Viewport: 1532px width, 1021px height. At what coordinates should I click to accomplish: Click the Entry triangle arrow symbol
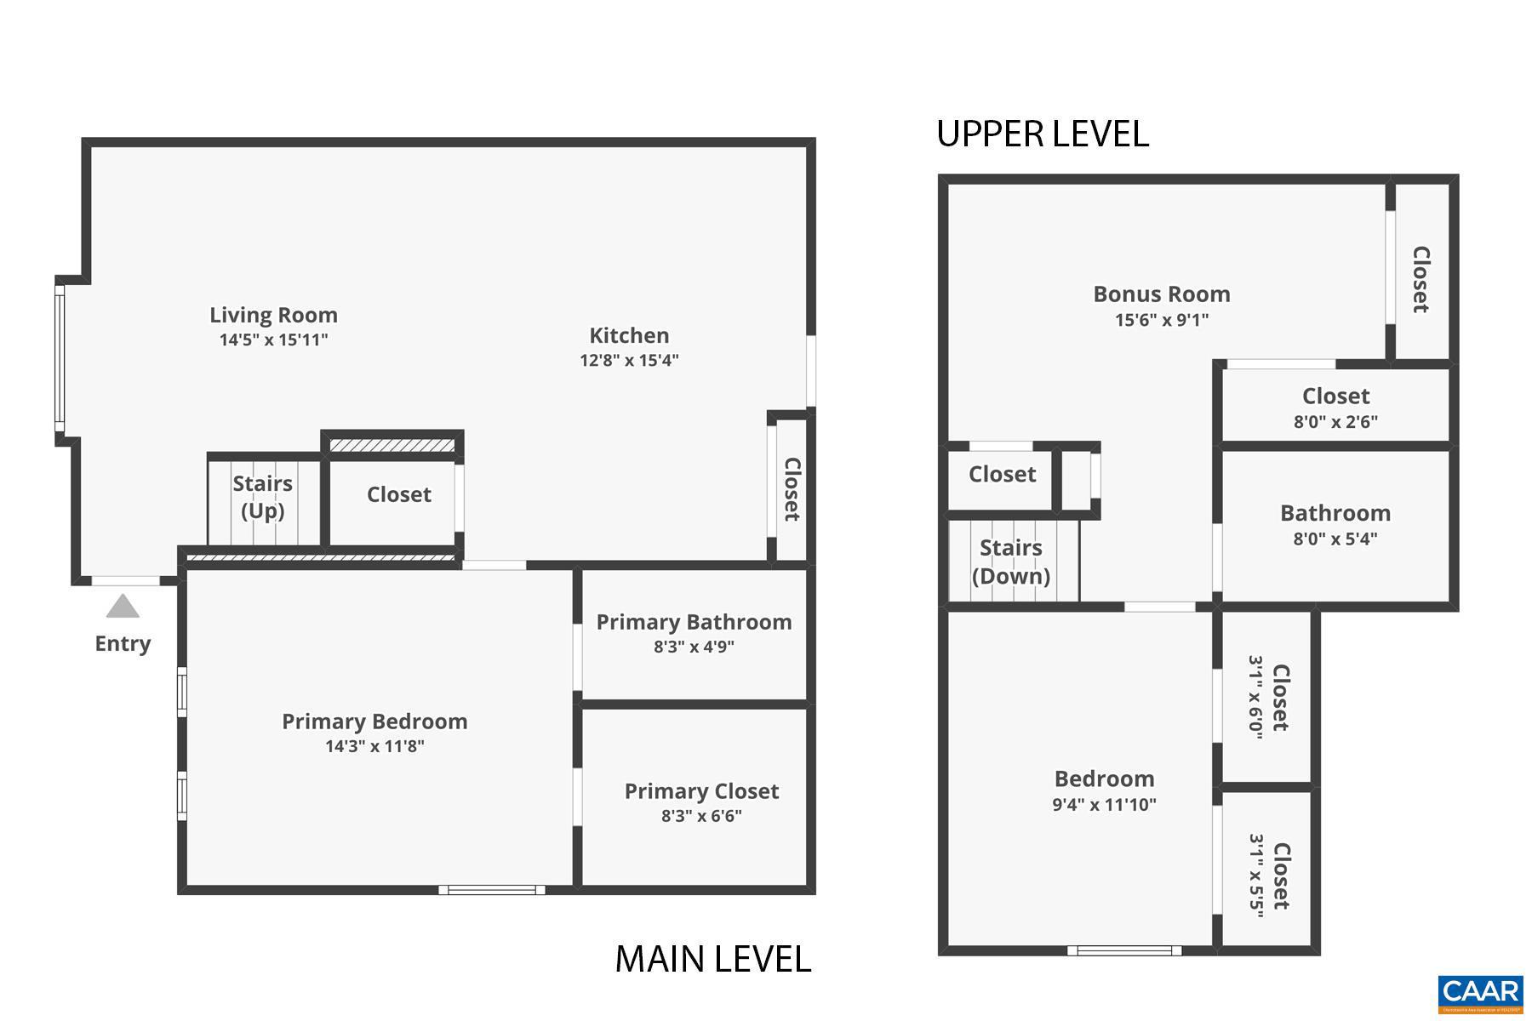(123, 606)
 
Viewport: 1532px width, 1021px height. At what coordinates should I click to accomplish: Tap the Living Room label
(273, 315)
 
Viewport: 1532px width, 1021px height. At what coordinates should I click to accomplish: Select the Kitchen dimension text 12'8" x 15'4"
(629, 360)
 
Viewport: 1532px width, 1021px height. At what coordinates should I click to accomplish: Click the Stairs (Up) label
(263, 497)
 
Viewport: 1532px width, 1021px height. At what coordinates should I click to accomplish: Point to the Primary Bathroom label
(694, 622)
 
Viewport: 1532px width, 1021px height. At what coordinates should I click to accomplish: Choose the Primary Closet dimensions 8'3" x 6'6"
(701, 816)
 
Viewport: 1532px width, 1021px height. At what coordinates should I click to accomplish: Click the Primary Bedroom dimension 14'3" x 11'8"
(374, 746)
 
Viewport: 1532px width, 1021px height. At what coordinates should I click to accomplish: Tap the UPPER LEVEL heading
(1043, 134)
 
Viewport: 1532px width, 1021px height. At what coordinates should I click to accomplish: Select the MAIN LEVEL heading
(712, 959)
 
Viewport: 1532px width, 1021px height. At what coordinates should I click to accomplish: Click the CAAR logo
(1480, 992)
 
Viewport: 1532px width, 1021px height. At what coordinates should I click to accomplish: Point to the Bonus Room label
(1162, 294)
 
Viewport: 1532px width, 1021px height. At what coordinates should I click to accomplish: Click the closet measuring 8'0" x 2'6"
(1335, 407)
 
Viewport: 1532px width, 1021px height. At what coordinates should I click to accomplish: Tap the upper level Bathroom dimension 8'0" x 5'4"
(1335, 539)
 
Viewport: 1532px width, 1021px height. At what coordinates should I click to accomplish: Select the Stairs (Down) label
(1011, 562)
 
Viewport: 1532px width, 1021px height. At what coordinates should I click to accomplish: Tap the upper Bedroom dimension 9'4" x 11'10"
(1104, 805)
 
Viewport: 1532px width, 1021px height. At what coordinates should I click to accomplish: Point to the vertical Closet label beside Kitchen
(792, 489)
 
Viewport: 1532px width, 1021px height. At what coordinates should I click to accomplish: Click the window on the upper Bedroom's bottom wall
(1124, 950)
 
